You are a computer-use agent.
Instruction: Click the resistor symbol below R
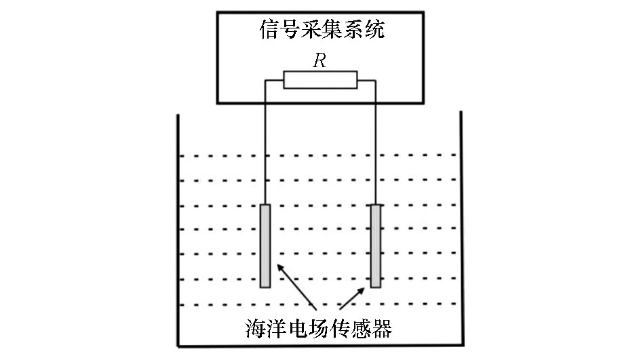[320, 80]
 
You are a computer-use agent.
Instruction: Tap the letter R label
[319, 61]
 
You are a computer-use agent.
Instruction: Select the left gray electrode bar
[265, 246]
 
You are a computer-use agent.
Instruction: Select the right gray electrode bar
[376, 246]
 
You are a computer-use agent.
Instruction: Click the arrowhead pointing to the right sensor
[361, 291]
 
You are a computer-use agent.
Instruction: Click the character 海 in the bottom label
[256, 328]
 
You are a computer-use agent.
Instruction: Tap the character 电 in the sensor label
[298, 328]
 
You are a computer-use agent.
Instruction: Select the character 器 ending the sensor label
[382, 328]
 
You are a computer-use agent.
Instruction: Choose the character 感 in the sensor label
[361, 328]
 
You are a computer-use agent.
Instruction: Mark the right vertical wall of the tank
[462, 228]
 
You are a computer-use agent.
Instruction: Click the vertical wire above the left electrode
[265, 142]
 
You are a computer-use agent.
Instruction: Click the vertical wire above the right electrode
[376, 142]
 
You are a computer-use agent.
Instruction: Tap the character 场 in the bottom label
[319, 328]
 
